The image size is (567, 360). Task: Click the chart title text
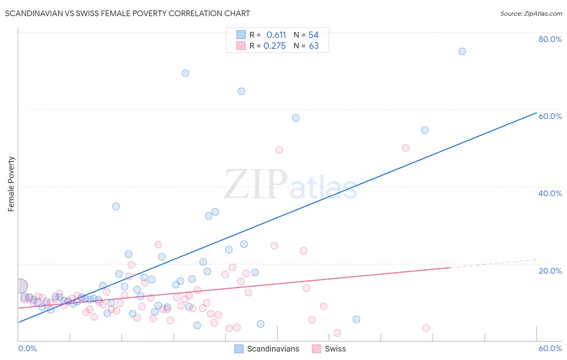pos(127,13)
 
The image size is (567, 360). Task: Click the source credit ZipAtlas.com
pos(531,13)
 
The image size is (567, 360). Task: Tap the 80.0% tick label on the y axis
pos(550,39)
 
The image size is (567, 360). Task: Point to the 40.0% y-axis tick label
pos(550,193)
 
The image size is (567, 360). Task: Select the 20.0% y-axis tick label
pos(550,271)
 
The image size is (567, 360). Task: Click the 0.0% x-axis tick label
pos(27,348)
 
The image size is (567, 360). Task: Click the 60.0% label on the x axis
pos(550,348)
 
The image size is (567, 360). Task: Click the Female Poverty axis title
pos(11,184)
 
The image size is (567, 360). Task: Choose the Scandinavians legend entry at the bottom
pos(267,349)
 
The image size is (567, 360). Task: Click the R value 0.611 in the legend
pos(276,35)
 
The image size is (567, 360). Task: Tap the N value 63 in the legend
pos(314,46)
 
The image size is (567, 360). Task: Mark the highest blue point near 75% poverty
pos(462,51)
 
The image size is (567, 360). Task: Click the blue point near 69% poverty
pos(186,73)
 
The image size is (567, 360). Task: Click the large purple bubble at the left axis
pos(21,286)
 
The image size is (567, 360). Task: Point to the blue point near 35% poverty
pos(116,206)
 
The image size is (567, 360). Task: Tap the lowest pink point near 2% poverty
pos(337,333)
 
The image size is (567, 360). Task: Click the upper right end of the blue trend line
pos(536,113)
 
